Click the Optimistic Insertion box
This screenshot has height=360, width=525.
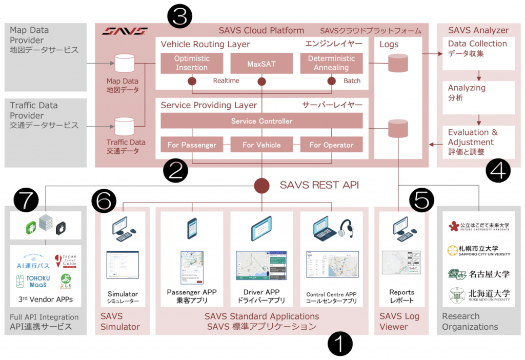[191, 63]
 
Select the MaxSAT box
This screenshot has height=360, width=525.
[261, 63]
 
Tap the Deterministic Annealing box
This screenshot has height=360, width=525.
[331, 63]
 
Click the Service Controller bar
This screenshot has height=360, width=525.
[261, 121]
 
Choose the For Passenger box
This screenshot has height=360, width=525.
[191, 145]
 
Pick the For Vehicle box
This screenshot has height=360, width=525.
[261, 145]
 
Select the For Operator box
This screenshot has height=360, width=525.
[331, 145]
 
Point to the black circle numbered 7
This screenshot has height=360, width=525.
[27, 200]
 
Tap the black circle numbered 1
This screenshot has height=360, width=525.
[340, 343]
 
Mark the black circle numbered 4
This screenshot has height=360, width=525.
[497, 170]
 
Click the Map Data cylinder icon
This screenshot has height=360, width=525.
[123, 64]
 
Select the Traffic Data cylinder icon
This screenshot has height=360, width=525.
[123, 126]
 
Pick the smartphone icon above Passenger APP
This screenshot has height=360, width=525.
[192, 228]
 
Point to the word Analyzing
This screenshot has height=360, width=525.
[467, 88]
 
